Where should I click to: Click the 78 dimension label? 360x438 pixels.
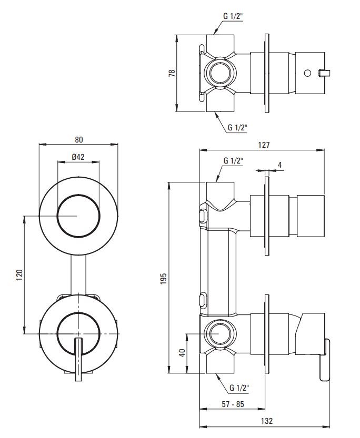coord(171,73)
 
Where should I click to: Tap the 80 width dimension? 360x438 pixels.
coord(78,140)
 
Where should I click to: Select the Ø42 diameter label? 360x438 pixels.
coord(78,157)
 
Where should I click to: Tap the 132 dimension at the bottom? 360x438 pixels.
coord(267,421)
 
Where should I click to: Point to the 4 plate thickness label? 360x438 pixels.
coord(279,165)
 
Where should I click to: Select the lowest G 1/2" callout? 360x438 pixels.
coord(239,389)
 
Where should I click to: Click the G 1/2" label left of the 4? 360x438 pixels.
coord(232,161)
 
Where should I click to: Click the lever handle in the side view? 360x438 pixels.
coord(325,360)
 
